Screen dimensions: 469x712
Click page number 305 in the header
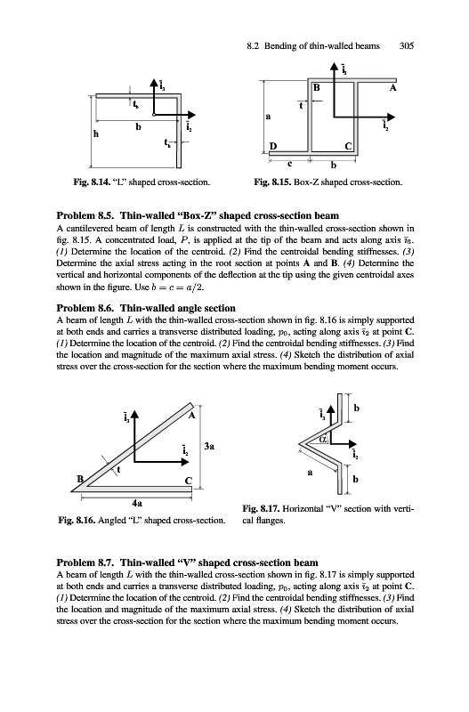(x=407, y=46)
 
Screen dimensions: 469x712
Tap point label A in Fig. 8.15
(x=392, y=87)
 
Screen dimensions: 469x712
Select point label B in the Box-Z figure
(x=317, y=87)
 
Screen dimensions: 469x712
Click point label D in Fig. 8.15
(x=273, y=146)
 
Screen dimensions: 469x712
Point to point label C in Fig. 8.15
(x=348, y=146)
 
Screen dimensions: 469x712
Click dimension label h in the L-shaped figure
(x=96, y=133)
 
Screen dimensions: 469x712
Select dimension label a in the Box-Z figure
(x=268, y=117)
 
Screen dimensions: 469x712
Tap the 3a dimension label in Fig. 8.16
(x=209, y=447)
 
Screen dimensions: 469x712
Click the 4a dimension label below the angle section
(x=137, y=503)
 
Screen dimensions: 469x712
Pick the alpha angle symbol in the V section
(x=323, y=439)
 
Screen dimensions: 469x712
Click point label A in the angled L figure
(x=191, y=416)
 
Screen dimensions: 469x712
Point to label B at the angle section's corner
(x=80, y=479)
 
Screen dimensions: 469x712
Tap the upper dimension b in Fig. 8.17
(x=356, y=409)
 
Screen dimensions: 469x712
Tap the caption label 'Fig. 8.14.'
(x=92, y=182)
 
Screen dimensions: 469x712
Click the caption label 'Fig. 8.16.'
(x=77, y=521)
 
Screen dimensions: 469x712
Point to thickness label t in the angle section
(x=118, y=470)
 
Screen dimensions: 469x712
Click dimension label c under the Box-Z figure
(x=289, y=162)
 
